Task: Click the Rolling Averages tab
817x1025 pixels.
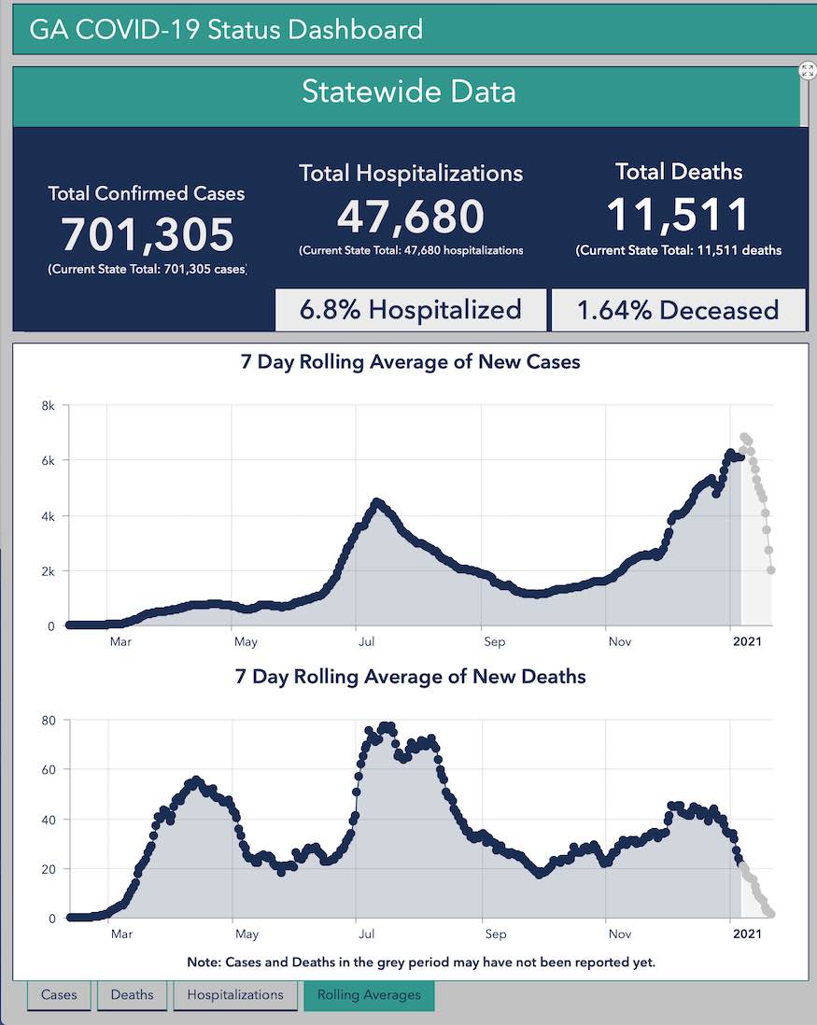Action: click(x=369, y=995)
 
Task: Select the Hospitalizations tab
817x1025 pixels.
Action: click(x=235, y=995)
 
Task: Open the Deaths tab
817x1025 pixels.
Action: click(x=132, y=995)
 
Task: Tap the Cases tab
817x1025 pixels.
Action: click(x=59, y=995)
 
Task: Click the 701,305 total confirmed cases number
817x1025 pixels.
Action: click(x=148, y=234)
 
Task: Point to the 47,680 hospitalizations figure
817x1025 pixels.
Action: click(x=411, y=217)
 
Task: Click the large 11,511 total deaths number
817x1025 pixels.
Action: click(x=678, y=216)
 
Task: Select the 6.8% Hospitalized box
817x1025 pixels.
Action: click(x=411, y=310)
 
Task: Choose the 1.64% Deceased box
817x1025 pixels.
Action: click(x=678, y=310)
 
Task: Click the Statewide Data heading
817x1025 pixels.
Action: click(x=408, y=92)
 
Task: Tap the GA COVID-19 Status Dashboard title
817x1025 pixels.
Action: click(x=226, y=29)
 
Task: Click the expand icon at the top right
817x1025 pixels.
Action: click(x=808, y=71)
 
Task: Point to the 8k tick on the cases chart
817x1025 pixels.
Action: click(x=48, y=405)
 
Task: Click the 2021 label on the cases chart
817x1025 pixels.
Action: click(x=747, y=642)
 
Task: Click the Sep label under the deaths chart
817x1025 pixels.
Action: click(x=495, y=934)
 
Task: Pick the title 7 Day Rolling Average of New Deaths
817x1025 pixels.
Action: click(x=411, y=677)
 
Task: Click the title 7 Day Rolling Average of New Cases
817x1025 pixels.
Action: click(x=411, y=362)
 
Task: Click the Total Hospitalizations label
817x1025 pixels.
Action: click(x=411, y=173)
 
